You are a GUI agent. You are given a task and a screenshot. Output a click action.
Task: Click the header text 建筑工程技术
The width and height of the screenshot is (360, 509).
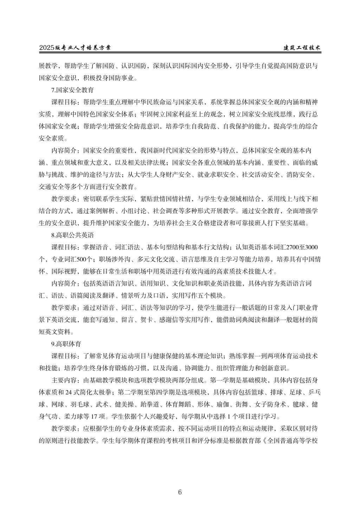pyautogui.click(x=303, y=48)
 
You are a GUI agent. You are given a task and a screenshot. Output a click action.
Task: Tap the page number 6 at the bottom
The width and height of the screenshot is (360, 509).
pyautogui.click(x=180, y=492)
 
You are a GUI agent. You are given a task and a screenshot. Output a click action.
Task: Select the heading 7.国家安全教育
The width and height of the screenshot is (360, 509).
pyautogui.click(x=72, y=90)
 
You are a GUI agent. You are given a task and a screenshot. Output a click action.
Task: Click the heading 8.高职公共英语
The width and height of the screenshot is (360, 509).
pyautogui.click(x=72, y=234)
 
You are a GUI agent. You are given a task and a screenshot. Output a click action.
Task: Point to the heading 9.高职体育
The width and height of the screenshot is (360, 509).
pyautogui.click(x=66, y=343)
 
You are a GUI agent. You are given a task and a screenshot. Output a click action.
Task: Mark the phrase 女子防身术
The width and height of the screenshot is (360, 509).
pyautogui.click(x=272, y=405)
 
